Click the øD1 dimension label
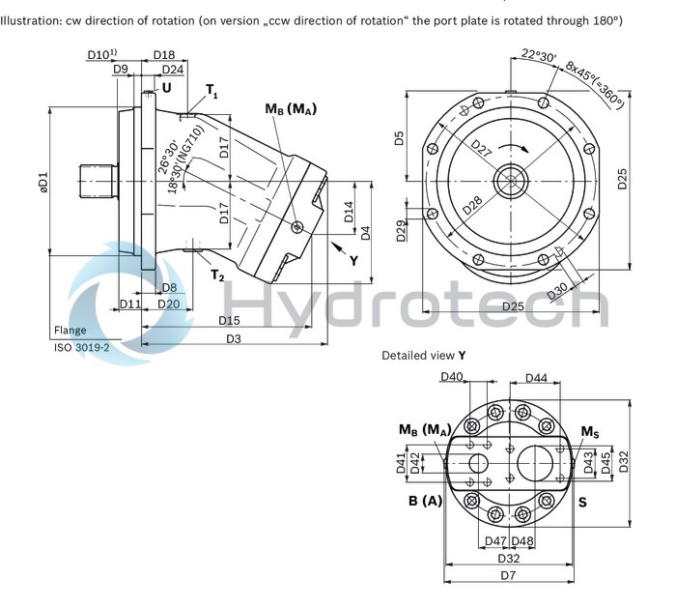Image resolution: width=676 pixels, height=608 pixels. (42, 180)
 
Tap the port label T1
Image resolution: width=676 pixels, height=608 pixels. (211, 91)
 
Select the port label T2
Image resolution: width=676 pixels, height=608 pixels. (217, 275)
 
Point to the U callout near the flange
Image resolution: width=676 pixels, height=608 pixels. (167, 88)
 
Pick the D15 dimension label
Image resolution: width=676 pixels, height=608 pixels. (229, 320)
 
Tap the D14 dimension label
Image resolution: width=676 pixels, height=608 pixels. (350, 214)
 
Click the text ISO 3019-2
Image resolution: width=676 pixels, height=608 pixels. (80, 345)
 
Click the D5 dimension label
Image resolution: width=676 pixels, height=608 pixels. (400, 138)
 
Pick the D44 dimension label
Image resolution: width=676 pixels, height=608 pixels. (538, 377)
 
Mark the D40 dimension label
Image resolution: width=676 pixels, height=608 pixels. (451, 377)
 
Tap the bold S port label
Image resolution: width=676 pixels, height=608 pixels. (582, 503)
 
